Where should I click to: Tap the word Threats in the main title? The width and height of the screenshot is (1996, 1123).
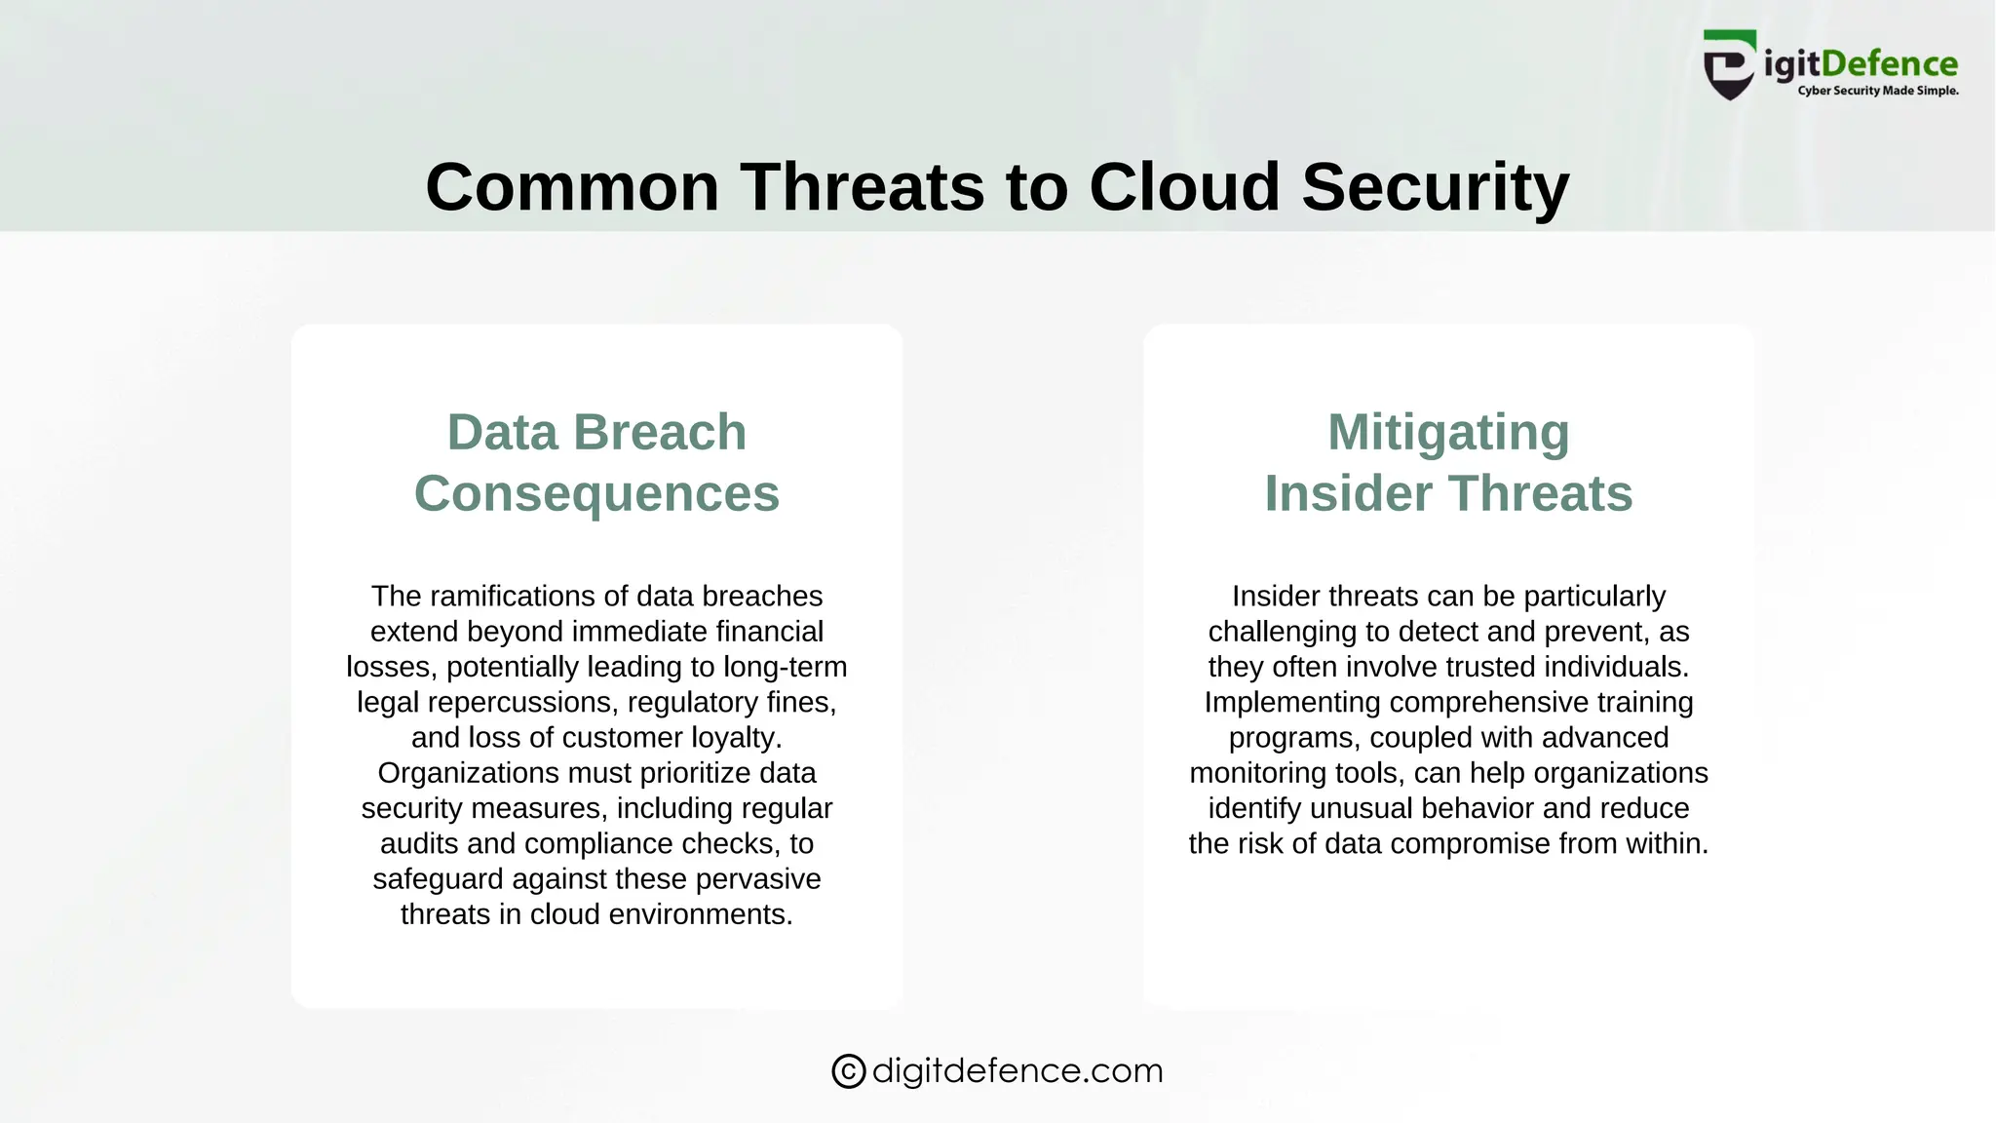[862, 186]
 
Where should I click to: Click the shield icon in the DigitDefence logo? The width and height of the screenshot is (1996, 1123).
[1730, 65]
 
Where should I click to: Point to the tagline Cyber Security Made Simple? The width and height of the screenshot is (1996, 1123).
[1877, 91]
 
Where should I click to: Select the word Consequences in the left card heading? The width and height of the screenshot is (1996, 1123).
[596, 493]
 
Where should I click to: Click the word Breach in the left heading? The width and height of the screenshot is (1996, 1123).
[660, 432]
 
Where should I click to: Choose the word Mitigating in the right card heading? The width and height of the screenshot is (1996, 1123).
[1448, 432]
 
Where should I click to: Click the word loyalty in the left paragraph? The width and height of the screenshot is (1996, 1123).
[736, 737]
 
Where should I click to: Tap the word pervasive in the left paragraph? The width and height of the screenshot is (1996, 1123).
[760, 878]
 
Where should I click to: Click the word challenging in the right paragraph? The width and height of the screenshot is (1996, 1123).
[1283, 632]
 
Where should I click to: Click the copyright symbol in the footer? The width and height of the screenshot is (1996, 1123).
[848, 1071]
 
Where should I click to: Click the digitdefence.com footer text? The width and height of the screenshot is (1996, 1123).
[1017, 1070]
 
